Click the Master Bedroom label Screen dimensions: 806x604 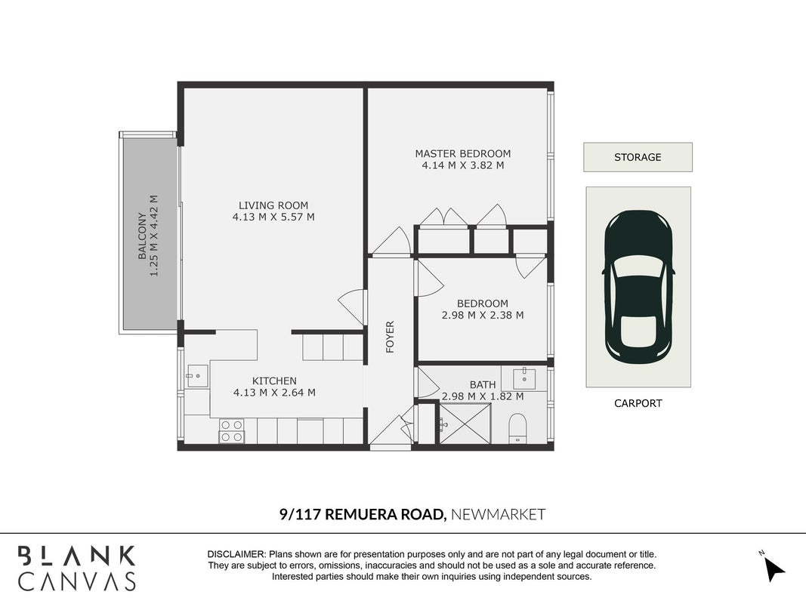click(x=462, y=153)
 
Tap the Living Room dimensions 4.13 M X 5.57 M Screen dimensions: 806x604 click(x=273, y=217)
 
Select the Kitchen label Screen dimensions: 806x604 click(x=274, y=381)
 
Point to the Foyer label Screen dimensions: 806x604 click(x=390, y=337)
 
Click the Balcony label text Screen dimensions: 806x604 click(x=142, y=236)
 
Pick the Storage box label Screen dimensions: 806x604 click(x=638, y=157)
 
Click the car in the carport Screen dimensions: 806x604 click(x=638, y=287)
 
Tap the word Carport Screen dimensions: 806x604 click(x=638, y=403)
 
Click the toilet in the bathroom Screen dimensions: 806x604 click(x=517, y=428)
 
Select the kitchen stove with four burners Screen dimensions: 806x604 click(x=232, y=431)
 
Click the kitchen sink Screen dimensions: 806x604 click(x=197, y=376)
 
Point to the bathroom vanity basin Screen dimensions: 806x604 click(x=523, y=378)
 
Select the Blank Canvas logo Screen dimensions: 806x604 click(x=76, y=568)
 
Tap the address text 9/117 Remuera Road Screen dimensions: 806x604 click(x=363, y=514)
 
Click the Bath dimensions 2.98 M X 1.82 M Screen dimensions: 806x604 click(x=483, y=396)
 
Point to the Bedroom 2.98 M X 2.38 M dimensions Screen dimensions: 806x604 click(x=483, y=316)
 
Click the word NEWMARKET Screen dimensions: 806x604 click(x=498, y=514)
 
